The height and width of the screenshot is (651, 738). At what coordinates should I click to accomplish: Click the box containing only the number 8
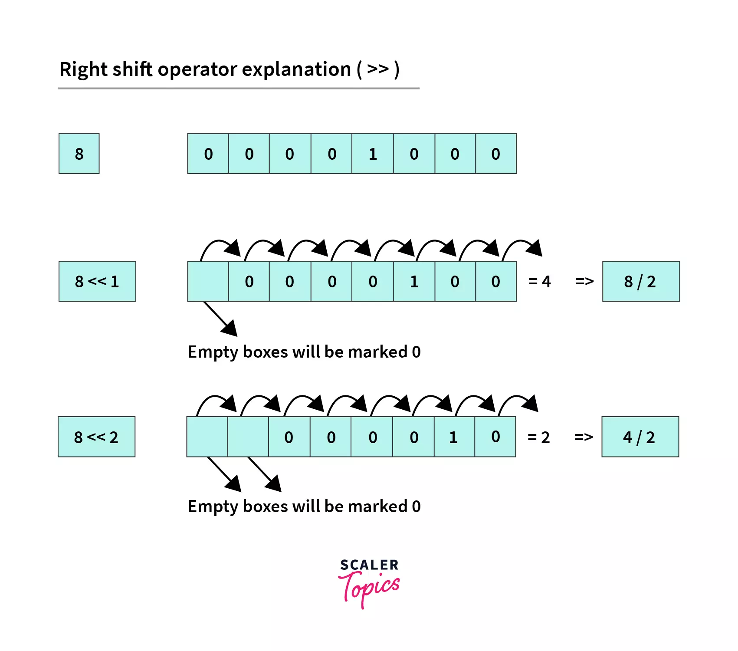pos(79,154)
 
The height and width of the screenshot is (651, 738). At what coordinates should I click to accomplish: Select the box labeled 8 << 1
pos(97,281)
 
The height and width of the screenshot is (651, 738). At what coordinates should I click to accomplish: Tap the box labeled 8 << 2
pos(96,437)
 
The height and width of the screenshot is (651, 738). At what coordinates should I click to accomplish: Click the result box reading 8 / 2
pos(640,281)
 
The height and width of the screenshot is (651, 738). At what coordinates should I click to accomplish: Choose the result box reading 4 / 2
pos(640,437)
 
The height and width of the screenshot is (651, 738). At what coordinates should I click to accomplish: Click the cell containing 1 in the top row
pos(373,154)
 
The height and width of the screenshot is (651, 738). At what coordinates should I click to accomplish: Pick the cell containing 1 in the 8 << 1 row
pos(414,281)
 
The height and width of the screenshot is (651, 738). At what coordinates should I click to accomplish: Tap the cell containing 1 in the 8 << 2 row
pos(454,437)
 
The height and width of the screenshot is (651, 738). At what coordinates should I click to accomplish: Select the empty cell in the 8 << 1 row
pos(208,281)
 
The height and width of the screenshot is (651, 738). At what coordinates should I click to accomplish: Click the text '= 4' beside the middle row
pos(539,281)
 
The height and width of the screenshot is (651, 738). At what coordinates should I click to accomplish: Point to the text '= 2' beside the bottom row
pos(538,437)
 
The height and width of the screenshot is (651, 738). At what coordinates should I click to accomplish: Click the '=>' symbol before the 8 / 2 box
pos(584,281)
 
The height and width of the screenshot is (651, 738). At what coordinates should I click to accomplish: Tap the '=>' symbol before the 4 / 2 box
pos(583,437)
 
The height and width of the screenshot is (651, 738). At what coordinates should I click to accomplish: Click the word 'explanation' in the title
pos(296,69)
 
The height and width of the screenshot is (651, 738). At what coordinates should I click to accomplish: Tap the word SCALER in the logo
pos(369,565)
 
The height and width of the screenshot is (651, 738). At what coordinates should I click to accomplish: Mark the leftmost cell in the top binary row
pos(208,154)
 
